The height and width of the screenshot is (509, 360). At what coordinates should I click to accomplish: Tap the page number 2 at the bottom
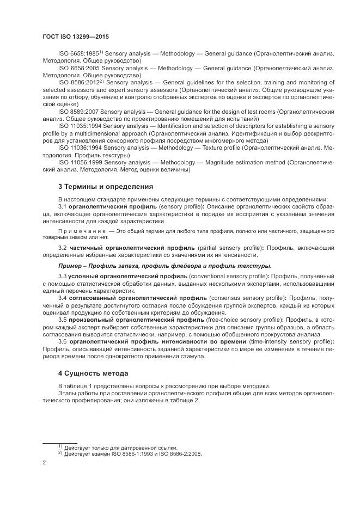click(44, 462)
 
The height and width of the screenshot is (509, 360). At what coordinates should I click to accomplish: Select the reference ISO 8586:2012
click(77, 82)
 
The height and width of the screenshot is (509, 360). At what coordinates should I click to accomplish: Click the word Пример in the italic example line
click(70, 266)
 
